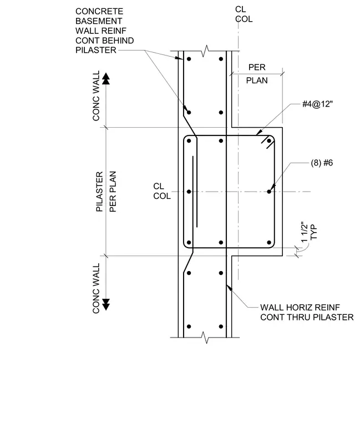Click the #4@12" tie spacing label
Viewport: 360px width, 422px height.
[317, 104]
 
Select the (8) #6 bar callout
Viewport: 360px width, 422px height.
[322, 163]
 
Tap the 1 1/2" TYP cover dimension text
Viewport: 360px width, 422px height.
[309, 232]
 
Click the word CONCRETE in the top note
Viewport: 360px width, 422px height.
[99, 11]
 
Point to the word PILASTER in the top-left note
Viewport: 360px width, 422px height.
[96, 50]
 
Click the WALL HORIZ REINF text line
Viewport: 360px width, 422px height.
[300, 308]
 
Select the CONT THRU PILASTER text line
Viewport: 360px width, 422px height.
[307, 317]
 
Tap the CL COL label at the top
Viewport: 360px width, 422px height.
[244, 14]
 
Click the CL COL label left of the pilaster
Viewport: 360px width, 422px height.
[162, 191]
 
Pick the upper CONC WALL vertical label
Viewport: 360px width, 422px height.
[96, 96]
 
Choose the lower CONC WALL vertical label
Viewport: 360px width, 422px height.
[96, 288]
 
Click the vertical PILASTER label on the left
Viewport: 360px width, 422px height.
[99, 192]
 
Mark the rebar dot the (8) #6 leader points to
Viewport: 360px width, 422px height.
[269, 192]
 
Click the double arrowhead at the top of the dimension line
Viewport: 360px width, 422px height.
[106, 79]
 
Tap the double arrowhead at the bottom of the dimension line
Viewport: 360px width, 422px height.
[106, 304]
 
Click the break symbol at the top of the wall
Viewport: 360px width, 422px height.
[206, 51]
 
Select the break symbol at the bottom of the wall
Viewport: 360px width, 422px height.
[206, 338]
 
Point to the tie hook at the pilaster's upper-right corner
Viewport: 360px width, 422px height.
[266, 142]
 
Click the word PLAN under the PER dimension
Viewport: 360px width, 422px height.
[257, 81]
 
